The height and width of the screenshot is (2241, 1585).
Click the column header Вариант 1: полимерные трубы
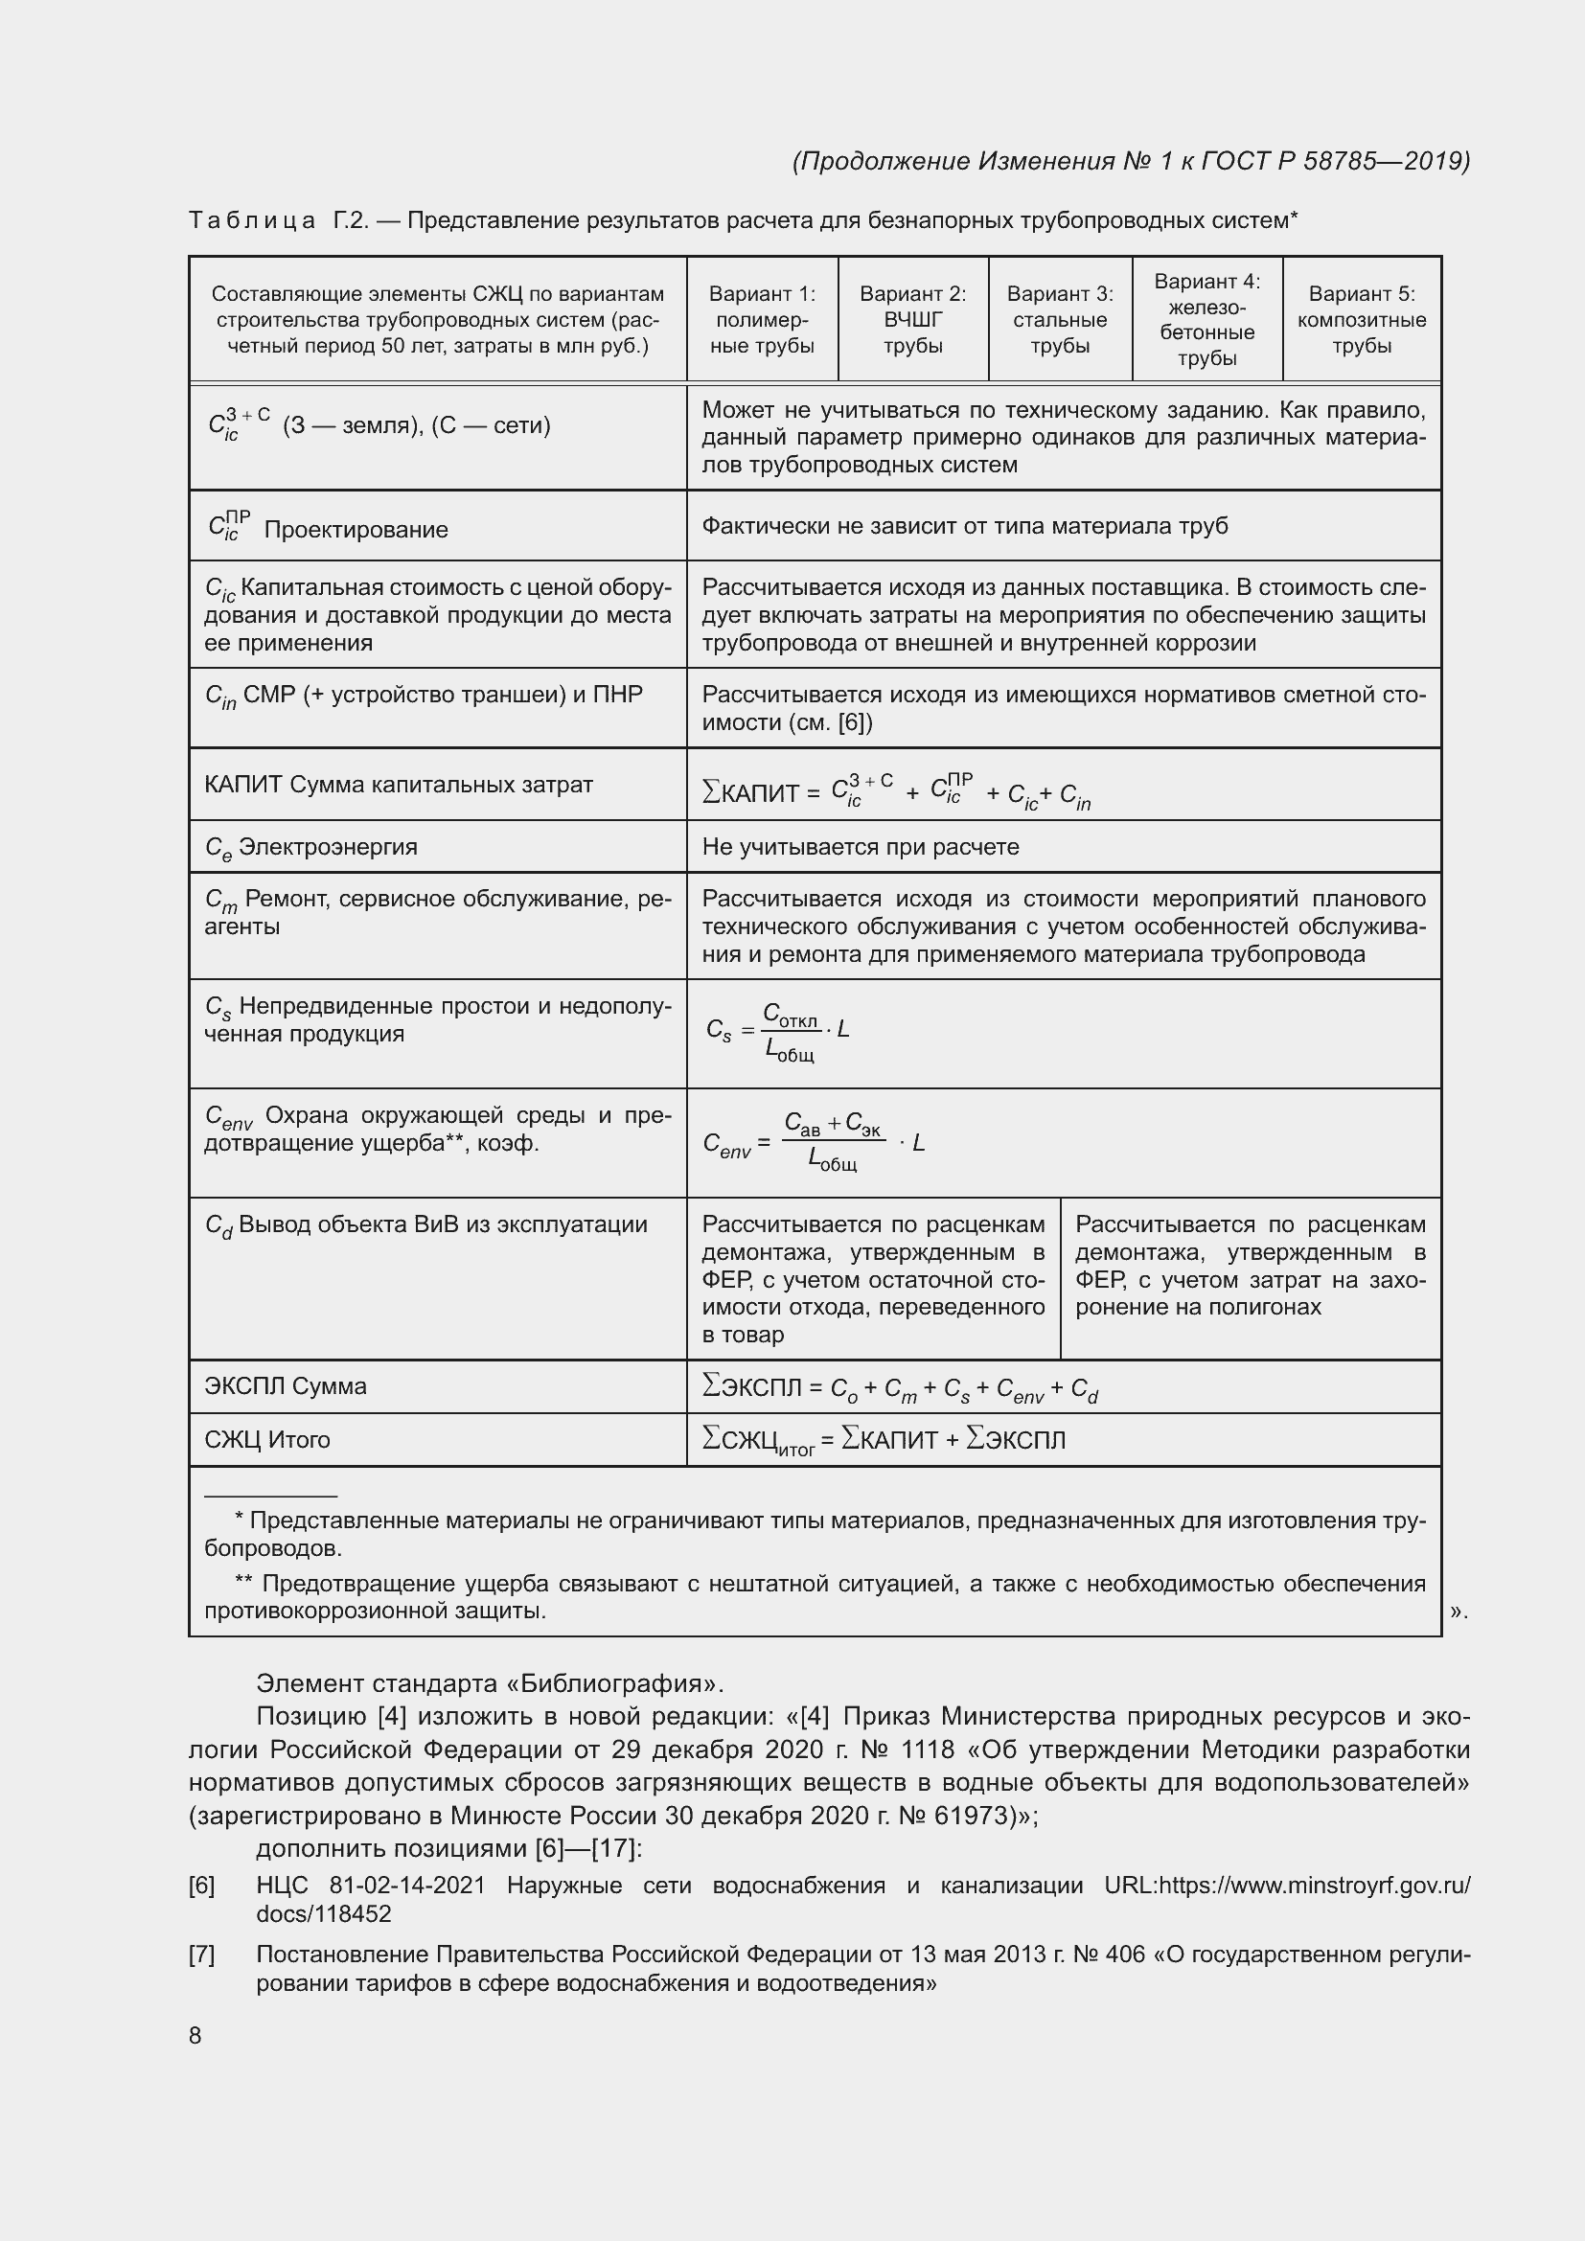coord(761,319)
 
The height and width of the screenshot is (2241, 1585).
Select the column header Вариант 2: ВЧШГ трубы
coord(912,319)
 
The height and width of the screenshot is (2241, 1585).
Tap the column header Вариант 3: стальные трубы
coord(1060,319)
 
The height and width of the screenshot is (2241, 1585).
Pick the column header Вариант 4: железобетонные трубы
coord(1207,319)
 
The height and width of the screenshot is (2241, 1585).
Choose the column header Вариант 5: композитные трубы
coord(1362,319)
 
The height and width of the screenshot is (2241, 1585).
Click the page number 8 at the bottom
coord(195,2034)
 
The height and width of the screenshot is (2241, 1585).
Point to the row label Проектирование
coord(356,530)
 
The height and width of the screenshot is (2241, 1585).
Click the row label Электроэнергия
coord(327,847)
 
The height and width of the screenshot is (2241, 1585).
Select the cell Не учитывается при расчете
coord(860,847)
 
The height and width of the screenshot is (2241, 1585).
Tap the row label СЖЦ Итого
coord(266,1440)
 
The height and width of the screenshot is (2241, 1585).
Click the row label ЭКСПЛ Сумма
coord(285,1386)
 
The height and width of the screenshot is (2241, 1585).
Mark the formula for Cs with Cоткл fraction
coord(778,1031)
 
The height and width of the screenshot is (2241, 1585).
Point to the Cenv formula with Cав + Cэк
coord(813,1141)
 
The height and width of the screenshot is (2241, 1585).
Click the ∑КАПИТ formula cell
coord(895,791)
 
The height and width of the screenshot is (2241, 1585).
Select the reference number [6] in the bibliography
coord(201,1886)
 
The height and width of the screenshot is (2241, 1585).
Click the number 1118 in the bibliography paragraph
coord(929,1749)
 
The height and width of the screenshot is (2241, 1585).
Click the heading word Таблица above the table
coord(252,220)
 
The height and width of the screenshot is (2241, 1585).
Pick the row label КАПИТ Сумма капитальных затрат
coord(399,785)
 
